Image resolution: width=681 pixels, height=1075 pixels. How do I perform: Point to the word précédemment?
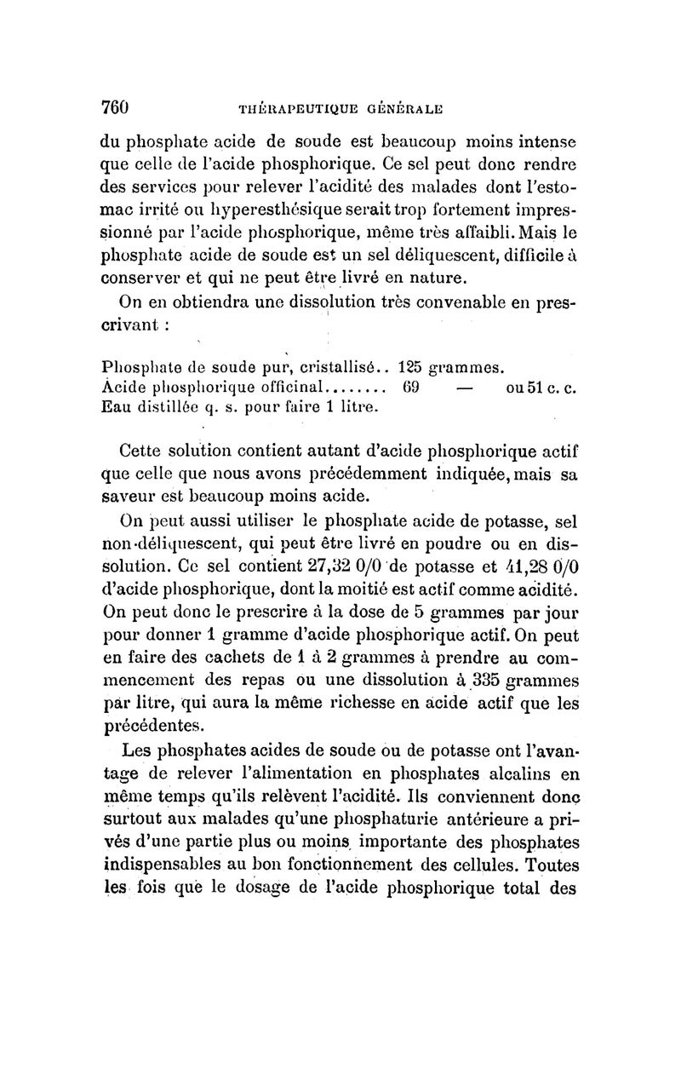coord(403,471)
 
